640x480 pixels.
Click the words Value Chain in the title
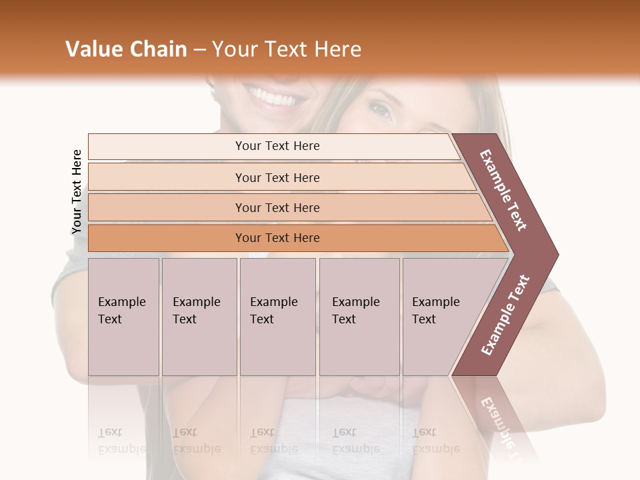coord(126,49)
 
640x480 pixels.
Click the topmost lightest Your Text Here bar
coord(277,146)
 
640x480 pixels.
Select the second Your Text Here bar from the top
coord(277,177)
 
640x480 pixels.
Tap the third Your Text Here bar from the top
coord(277,207)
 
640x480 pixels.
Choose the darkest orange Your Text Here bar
coord(277,238)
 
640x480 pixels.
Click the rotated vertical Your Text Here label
coord(77,192)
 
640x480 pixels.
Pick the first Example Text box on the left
coord(123,316)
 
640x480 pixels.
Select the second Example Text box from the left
coord(199,316)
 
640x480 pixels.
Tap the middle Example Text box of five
coord(277,316)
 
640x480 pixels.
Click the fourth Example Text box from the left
coord(359,316)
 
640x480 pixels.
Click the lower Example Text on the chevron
coord(505,315)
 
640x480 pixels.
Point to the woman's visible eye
coord(379,109)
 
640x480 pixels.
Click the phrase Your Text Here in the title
coord(286,49)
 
